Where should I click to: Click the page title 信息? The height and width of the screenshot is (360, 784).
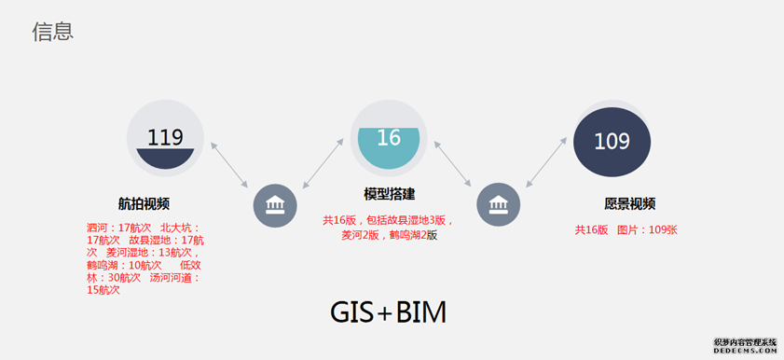pyautogui.click(x=52, y=32)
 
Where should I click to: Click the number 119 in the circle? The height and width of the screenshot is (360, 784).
pyautogui.click(x=165, y=138)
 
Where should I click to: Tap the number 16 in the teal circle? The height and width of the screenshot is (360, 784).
pyautogui.click(x=389, y=138)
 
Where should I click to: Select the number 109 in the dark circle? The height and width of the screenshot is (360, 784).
pyautogui.click(x=612, y=142)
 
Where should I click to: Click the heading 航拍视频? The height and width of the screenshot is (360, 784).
pyautogui.click(x=144, y=203)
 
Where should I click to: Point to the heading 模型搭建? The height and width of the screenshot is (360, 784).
pyautogui.click(x=389, y=194)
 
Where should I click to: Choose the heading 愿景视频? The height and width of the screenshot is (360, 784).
pyautogui.click(x=629, y=203)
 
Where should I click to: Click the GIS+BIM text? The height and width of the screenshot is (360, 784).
pyautogui.click(x=388, y=312)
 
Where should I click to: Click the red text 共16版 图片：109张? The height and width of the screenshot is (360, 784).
pyautogui.click(x=626, y=229)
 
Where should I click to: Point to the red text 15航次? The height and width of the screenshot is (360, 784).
pyautogui.click(x=103, y=290)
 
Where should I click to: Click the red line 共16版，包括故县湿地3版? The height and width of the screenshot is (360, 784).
pyautogui.click(x=388, y=221)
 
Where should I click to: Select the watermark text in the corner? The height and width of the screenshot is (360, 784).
pyautogui.click(x=745, y=347)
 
